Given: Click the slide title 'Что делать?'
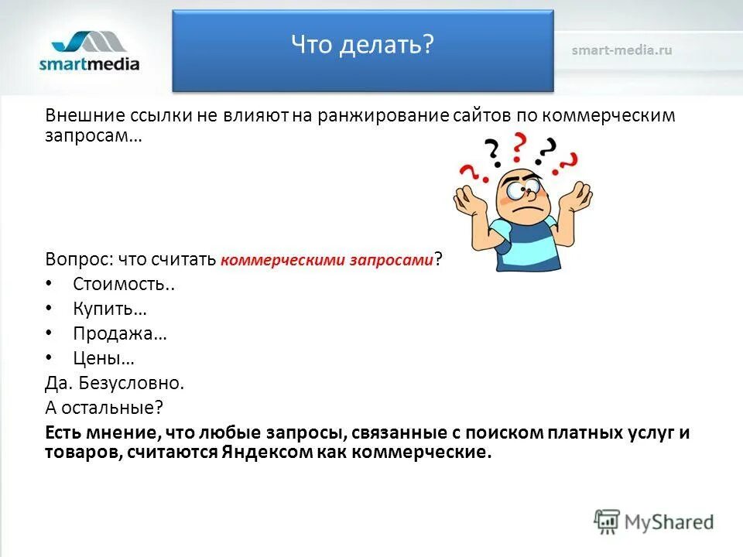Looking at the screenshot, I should (361, 45).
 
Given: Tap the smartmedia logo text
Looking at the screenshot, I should (89, 63).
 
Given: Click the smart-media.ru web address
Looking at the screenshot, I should (621, 50).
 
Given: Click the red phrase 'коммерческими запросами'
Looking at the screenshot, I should (327, 261).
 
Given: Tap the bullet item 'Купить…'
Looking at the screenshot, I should (110, 309).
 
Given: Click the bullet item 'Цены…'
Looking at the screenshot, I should (104, 358).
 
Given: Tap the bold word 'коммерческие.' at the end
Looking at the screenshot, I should (422, 453).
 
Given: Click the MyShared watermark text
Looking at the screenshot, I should (669, 522).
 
